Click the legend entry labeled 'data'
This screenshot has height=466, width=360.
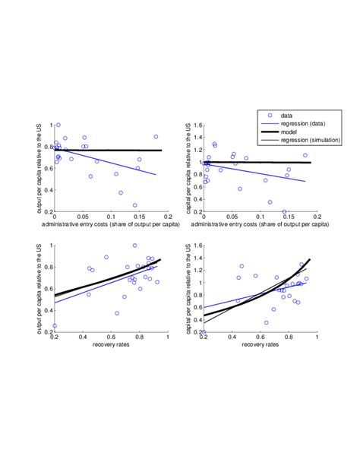(x=300, y=116)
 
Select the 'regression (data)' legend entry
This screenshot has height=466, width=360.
(x=311, y=124)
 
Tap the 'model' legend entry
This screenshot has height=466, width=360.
(x=302, y=132)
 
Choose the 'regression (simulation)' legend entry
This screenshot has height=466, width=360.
(x=315, y=141)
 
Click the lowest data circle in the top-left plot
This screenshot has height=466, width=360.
(x=135, y=205)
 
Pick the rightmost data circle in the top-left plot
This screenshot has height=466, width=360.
(x=156, y=137)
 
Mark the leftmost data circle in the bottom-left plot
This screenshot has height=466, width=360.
(x=55, y=325)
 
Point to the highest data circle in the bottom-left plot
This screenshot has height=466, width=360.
(x=135, y=246)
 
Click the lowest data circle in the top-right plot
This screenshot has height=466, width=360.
(x=285, y=212)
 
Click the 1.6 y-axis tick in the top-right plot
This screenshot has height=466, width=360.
(x=197, y=125)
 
